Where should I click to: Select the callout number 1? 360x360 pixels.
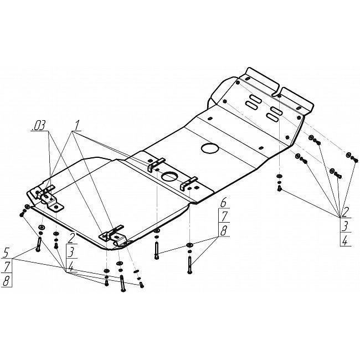(76, 126)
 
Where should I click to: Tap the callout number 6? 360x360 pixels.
(223, 203)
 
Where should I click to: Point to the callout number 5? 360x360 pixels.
(6, 253)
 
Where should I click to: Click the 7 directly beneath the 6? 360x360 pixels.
(224, 216)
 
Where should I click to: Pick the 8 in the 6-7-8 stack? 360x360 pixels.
(223, 230)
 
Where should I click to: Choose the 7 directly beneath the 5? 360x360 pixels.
(7, 267)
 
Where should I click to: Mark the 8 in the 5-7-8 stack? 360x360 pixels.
(7, 281)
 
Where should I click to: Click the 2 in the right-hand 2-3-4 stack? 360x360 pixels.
(344, 212)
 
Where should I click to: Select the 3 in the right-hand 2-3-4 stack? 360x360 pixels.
(345, 227)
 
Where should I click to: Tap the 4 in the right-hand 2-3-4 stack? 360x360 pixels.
(345, 240)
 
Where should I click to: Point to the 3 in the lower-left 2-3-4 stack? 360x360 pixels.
(71, 253)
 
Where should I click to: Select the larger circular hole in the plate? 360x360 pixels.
(210, 148)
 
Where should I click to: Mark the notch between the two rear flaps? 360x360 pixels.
(277, 93)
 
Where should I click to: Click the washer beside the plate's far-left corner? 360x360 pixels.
(27, 207)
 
